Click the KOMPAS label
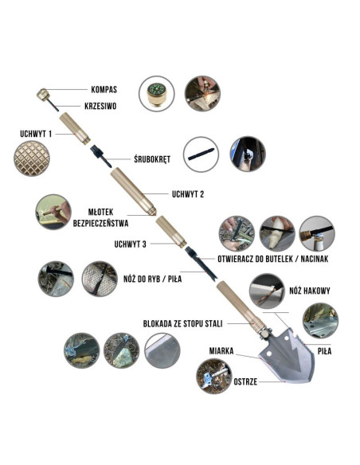coord(104,89)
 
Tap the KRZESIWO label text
coord(100,106)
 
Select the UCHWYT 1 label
coord(36,134)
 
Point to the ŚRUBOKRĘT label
coord(152,159)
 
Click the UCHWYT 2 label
coord(188,194)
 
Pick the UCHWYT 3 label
coord(130,244)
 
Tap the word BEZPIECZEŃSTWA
coord(100,223)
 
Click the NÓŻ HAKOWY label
coord(310,291)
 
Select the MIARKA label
coord(221,351)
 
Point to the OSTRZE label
coord(245,381)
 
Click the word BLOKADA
coord(157,323)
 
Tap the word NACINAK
coord(315,259)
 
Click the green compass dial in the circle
coord(156,89)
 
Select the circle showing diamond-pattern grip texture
coord(31,158)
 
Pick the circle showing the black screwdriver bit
coord(201,154)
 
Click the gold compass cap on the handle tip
coord(42,94)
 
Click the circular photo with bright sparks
coord(202,93)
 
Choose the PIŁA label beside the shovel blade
coord(324,351)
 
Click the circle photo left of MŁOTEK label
coord(53,212)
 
